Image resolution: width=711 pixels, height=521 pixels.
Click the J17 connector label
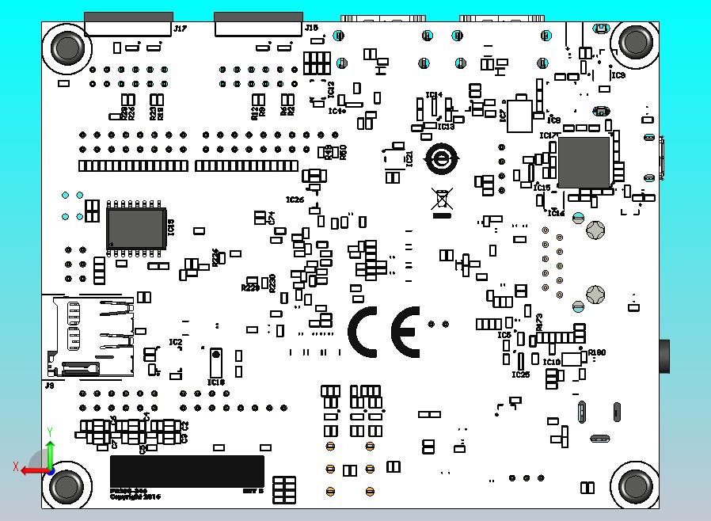pos(181,29)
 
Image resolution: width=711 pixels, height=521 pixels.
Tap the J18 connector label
pos(312,28)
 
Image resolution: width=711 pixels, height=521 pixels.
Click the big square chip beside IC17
pos(584,162)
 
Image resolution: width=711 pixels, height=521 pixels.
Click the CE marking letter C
pos(367,332)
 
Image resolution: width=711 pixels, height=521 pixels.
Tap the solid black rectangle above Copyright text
pos(187,470)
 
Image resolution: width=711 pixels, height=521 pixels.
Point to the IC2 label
pos(175,342)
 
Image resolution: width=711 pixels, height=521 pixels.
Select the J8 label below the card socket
pos(49,385)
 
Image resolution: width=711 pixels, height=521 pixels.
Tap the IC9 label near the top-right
pos(618,75)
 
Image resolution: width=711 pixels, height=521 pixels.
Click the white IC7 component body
pos(520,116)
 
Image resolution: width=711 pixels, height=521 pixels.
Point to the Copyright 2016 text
pos(135,497)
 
